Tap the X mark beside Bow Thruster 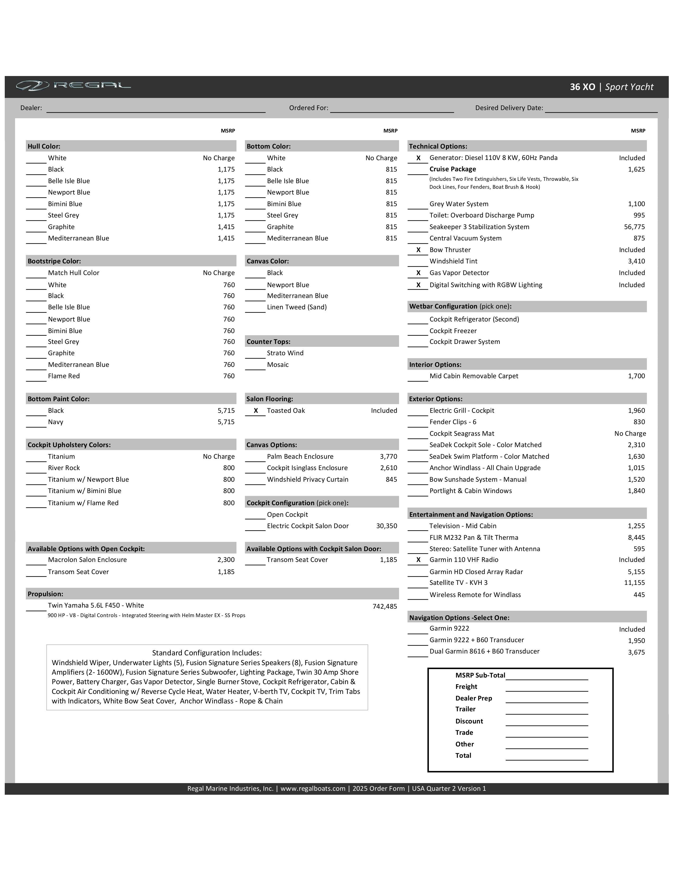pos(418,250)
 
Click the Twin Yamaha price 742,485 pos(385,607)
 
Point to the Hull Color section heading pos(44,146)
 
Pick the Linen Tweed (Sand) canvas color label pos(297,307)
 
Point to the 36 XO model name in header pos(582,87)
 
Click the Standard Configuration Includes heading pos(207,653)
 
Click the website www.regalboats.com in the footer pos(313,788)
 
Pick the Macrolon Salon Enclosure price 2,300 pos(226,560)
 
